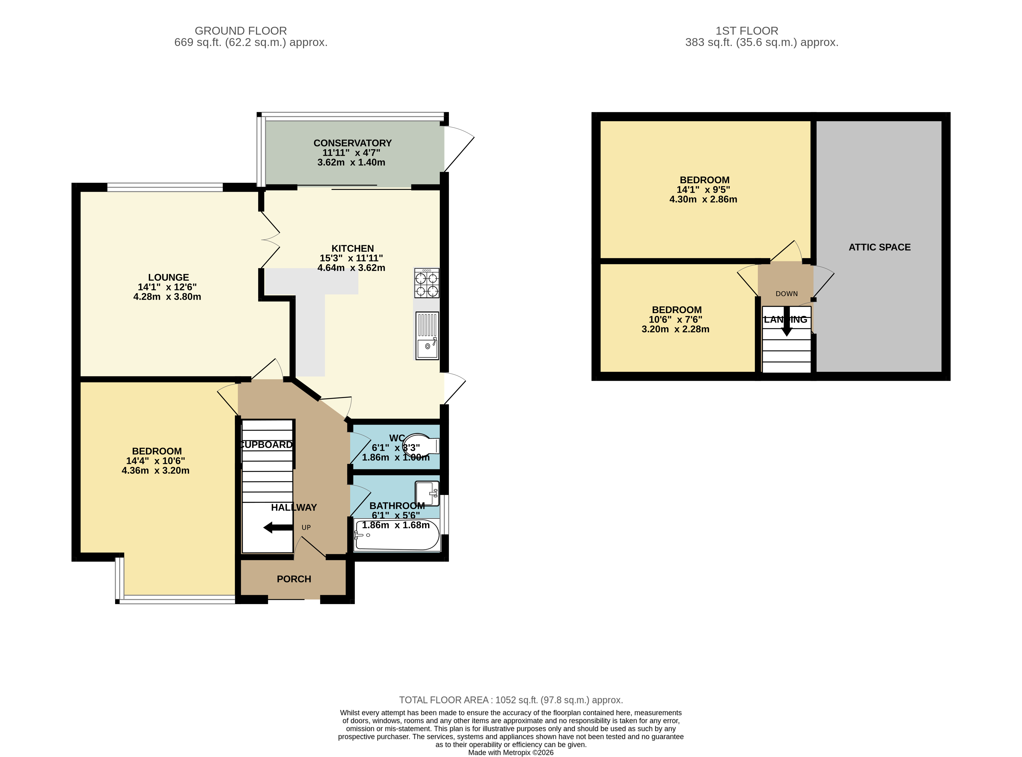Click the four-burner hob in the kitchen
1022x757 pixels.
(x=426, y=283)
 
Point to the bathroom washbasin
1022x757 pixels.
(x=426, y=493)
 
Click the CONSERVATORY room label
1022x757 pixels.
(x=352, y=143)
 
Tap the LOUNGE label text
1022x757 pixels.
(x=168, y=277)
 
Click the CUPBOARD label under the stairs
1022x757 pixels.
(x=266, y=445)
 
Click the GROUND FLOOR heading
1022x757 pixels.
(x=240, y=31)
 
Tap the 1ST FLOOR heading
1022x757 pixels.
(x=747, y=31)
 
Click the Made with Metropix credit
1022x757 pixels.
(x=510, y=752)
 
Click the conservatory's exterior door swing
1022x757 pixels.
(x=459, y=149)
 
